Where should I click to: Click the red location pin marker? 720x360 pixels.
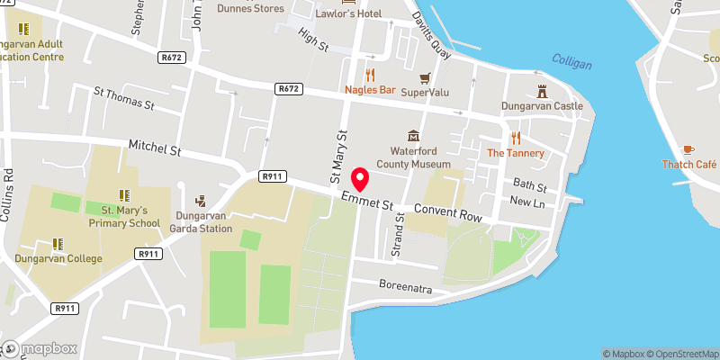tap(360, 179)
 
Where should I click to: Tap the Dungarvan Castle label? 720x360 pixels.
tap(543, 106)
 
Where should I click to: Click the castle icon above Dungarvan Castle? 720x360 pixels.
tap(543, 90)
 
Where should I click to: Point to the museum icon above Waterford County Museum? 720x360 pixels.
tap(413, 136)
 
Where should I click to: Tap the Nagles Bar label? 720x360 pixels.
tap(370, 90)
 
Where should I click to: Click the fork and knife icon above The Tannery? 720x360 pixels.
tap(516, 138)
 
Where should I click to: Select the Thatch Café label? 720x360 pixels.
tap(688, 165)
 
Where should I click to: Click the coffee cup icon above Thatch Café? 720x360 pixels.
tap(688, 149)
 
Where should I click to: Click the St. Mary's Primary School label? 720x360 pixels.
tap(123, 216)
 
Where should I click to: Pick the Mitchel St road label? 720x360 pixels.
tap(155, 147)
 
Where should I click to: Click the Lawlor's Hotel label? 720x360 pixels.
tap(347, 14)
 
